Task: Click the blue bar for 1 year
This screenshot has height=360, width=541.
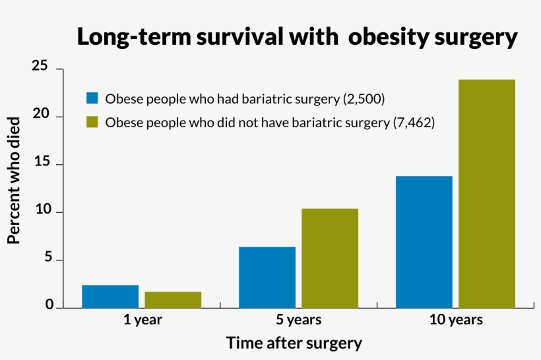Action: click(x=110, y=297)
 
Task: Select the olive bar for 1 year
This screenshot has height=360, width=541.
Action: click(x=173, y=300)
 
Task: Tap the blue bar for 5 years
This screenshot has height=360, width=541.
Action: click(x=267, y=278)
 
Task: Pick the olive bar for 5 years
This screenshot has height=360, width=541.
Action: click(x=330, y=258)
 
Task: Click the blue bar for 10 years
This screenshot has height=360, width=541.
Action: click(x=424, y=242)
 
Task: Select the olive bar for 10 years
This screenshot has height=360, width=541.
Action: click(x=487, y=194)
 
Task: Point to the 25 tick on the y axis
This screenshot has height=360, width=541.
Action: click(x=41, y=67)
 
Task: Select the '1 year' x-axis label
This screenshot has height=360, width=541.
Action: click(x=142, y=320)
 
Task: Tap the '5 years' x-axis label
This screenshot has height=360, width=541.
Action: click(x=299, y=320)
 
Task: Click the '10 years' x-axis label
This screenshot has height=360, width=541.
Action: click(x=456, y=320)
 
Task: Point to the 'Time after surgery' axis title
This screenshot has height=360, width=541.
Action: click(x=294, y=344)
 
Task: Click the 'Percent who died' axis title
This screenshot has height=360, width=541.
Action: click(x=14, y=180)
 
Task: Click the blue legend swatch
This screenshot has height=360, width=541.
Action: click(x=92, y=98)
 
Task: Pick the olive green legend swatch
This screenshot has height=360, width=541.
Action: click(x=92, y=122)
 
